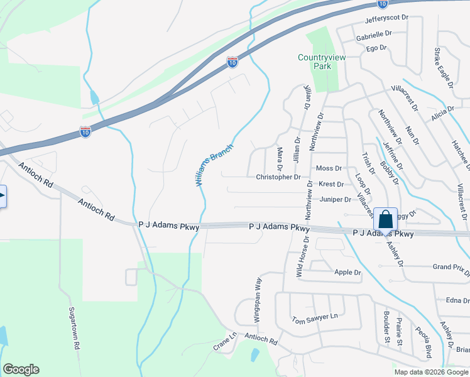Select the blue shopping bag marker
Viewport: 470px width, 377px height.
[385, 219]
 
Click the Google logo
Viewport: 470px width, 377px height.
[21, 369]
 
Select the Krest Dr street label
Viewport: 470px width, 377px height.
[331, 185]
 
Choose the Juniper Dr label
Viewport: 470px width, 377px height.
[335, 200]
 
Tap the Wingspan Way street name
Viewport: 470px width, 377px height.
[258, 292]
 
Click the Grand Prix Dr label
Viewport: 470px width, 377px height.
[451, 268]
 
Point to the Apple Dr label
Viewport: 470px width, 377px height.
[347, 273]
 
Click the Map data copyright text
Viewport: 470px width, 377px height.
[430, 372]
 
